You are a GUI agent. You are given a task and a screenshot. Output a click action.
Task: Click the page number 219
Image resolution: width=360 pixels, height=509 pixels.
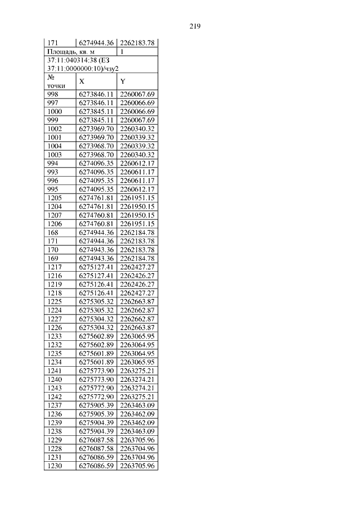coord(195,26)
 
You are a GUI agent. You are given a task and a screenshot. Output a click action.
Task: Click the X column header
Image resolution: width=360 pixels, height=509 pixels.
coord(82,81)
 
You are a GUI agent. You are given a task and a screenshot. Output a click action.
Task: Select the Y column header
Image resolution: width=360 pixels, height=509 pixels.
coord(123,81)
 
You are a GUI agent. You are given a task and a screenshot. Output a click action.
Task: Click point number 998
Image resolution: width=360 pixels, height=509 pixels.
coord(52,94)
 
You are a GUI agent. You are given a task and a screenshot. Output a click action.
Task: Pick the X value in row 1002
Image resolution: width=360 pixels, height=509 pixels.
coord(96,129)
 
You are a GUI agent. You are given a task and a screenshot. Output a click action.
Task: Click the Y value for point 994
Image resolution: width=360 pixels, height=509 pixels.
coord(138,163)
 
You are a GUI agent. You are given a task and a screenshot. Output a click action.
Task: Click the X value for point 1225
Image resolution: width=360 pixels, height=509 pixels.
coord(96,301)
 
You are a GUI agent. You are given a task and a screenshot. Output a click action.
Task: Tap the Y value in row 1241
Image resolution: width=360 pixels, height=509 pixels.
coord(138,371)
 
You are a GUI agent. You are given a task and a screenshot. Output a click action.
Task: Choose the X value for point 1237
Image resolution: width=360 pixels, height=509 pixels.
coord(96,405)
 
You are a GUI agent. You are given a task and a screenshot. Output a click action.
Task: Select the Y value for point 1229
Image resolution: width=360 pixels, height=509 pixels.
coord(138,440)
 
